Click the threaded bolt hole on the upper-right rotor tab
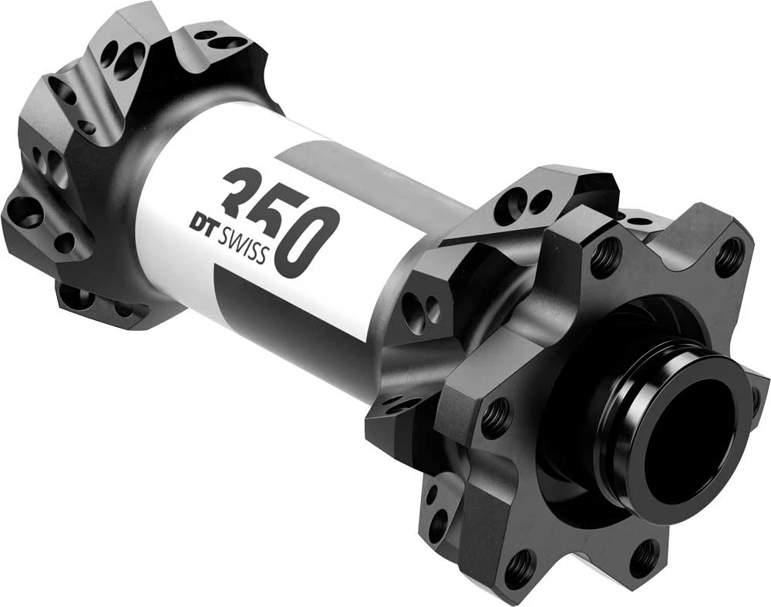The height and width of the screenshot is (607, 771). [x=729, y=257]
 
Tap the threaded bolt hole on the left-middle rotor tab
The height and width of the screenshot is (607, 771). [x=494, y=417]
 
